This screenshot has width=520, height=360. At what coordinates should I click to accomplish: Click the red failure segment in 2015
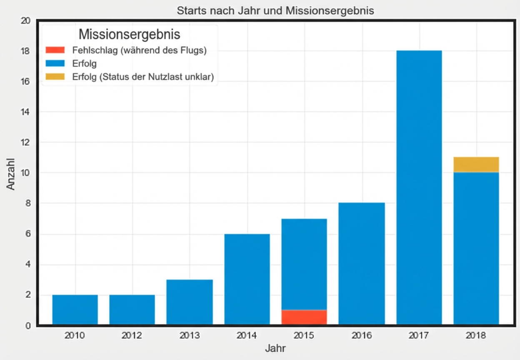(x=304, y=317)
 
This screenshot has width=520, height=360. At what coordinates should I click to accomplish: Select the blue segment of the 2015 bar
(x=304, y=264)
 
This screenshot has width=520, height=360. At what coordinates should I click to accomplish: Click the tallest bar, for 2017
(x=419, y=187)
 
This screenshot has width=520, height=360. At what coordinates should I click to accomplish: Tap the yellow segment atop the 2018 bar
(x=476, y=165)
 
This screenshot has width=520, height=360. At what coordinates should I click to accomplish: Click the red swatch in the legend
(x=55, y=50)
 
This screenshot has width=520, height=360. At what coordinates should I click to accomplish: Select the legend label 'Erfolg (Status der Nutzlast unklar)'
(x=142, y=77)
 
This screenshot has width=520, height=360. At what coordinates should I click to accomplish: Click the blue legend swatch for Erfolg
(x=55, y=64)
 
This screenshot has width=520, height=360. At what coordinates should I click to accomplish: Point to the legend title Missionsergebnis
(x=129, y=34)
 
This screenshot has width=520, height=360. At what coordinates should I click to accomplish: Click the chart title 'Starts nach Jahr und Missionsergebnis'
(x=275, y=11)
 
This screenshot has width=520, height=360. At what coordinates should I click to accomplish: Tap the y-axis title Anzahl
(x=11, y=173)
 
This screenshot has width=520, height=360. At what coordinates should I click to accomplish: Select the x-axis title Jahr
(x=275, y=348)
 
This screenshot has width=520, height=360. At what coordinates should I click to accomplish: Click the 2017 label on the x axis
(x=419, y=335)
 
